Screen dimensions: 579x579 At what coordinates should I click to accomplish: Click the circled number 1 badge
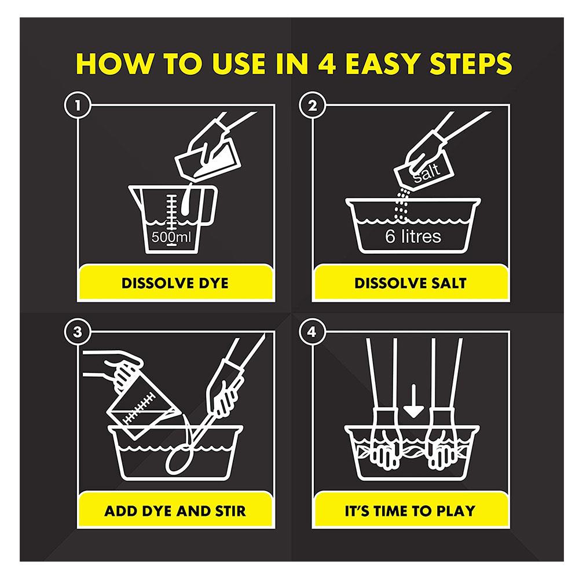coord(78,105)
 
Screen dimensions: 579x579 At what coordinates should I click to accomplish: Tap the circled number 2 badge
coord(313,105)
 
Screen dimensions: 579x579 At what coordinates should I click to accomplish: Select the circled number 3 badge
coord(78,332)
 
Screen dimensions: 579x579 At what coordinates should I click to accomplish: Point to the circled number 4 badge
coord(313,332)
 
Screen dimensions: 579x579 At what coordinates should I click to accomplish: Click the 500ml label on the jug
coord(171,237)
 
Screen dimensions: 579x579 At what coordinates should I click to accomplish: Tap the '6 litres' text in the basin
coord(413,236)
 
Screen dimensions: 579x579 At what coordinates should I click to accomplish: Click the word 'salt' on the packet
coord(427,173)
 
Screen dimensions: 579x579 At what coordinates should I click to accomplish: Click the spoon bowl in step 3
coord(179,460)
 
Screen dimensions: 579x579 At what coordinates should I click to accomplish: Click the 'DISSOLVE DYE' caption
coord(175,283)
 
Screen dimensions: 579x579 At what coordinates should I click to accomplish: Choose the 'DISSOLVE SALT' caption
coord(411,283)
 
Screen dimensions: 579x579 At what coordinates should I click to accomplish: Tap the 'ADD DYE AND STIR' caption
coord(175,511)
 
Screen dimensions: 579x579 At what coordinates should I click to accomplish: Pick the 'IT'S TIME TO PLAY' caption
coord(410,511)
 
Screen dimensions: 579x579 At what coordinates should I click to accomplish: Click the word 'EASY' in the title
coord(383,64)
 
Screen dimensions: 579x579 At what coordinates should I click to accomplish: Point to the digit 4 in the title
coord(327,64)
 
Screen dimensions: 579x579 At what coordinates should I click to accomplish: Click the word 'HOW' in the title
coord(113,64)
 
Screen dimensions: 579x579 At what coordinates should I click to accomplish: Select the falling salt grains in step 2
coord(401,205)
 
